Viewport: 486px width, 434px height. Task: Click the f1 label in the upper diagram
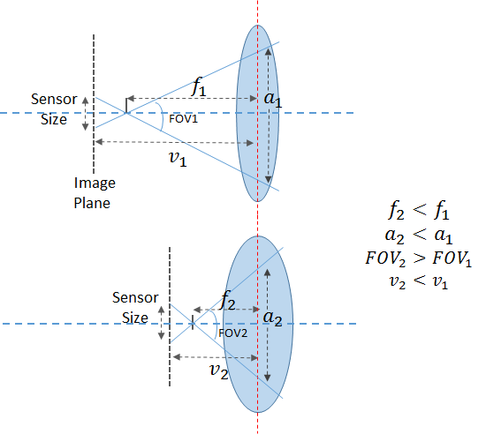point(199,87)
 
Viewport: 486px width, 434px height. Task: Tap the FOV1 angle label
point(183,119)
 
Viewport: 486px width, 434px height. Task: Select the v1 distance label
point(178,159)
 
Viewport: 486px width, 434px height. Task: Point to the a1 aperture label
point(273,99)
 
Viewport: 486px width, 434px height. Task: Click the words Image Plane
point(95,193)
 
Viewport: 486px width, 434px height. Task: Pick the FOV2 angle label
point(232,333)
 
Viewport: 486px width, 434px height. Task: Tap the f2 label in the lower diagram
point(227,301)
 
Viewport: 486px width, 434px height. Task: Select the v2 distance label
point(219,370)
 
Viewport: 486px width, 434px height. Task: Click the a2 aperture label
point(272,318)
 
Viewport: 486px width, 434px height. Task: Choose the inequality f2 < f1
point(419,210)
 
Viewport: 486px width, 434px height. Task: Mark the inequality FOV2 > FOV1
point(419,258)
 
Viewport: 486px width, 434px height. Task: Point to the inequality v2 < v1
point(419,282)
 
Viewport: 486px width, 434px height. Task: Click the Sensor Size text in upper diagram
point(54,109)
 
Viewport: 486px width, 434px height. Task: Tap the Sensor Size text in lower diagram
point(135,308)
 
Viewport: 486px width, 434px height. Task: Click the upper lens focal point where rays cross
point(126,113)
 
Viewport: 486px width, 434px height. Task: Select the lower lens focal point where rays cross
point(193,324)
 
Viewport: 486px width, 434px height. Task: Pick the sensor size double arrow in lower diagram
point(161,323)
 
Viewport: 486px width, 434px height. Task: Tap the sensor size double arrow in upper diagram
point(85,113)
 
